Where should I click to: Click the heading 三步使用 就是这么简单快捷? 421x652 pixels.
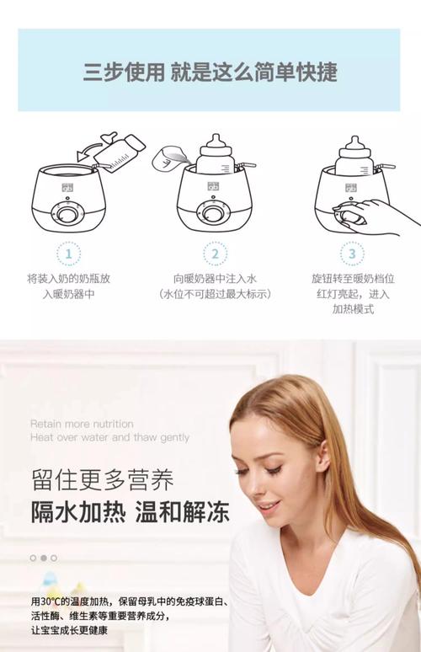coord(210,72)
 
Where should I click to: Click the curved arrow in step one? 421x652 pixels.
coord(89,150)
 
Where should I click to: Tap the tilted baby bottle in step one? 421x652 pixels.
coord(120,151)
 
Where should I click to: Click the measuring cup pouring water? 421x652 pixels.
coord(168,158)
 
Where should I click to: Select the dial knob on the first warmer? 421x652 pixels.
coord(67,215)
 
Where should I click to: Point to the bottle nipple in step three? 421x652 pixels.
coord(354,142)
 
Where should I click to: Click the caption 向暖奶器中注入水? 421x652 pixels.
coord(216,279)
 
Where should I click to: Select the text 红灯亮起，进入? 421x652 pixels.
coord(353,294)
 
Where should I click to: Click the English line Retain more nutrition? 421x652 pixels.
coord(82,424)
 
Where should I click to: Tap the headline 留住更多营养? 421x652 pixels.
coord(102,479)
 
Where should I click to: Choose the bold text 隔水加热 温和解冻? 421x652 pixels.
coord(130,511)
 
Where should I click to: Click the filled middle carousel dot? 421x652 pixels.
coord(44,558)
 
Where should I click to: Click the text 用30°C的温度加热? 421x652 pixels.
coord(71,601)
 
